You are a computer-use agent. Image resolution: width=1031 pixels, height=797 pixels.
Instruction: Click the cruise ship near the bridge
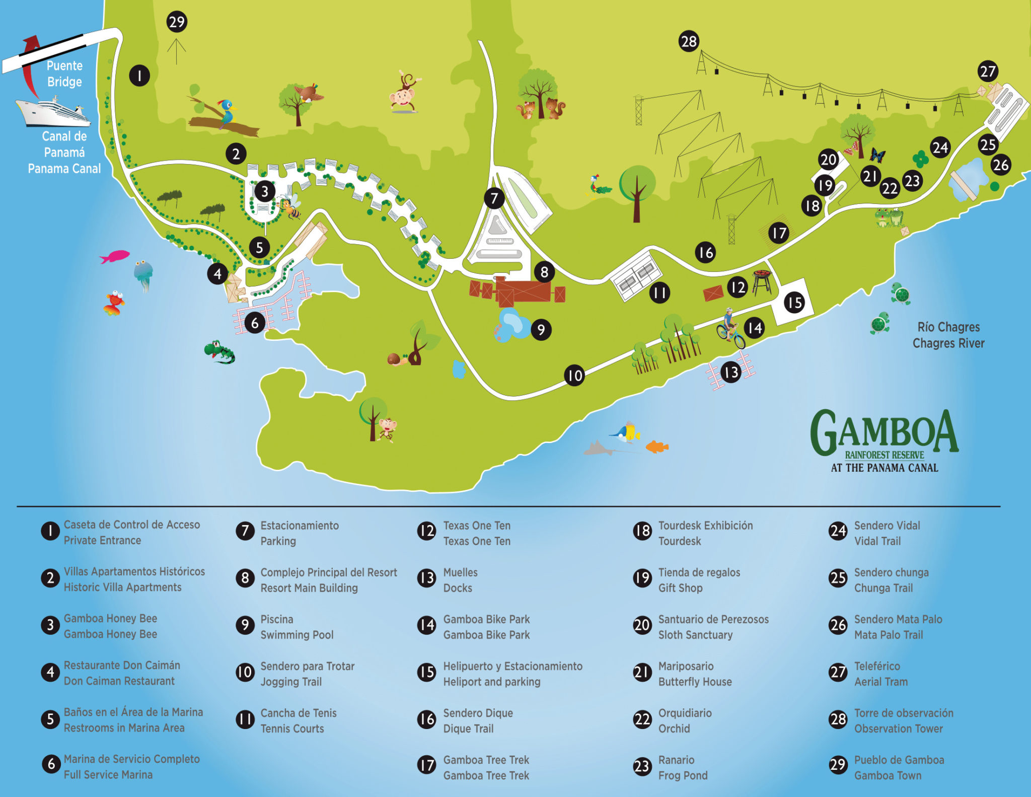pyautogui.click(x=53, y=112)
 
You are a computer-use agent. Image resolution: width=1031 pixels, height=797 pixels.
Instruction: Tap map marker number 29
pyautogui.click(x=177, y=22)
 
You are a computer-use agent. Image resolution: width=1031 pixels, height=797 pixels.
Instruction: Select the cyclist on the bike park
pyautogui.click(x=730, y=330)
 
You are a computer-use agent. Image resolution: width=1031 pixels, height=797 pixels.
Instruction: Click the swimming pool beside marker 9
pyautogui.click(x=513, y=325)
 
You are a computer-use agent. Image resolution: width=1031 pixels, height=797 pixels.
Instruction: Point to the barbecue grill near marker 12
pyautogui.click(x=762, y=281)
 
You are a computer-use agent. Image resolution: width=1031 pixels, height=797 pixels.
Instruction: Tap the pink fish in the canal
pyautogui.click(x=115, y=256)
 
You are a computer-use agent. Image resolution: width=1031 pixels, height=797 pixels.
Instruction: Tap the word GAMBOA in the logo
pyautogui.click(x=885, y=432)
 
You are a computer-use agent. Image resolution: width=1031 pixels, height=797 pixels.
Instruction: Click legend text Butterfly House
pyautogui.click(x=695, y=682)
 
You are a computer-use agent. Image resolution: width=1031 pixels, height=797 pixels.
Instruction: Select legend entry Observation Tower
pyautogui.click(x=898, y=729)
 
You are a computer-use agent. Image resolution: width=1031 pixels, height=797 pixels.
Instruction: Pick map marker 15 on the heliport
pyautogui.click(x=794, y=303)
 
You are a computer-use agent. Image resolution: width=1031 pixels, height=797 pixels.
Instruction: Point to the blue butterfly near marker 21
pyautogui.click(x=877, y=155)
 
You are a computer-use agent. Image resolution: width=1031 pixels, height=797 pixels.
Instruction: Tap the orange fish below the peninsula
pyautogui.click(x=656, y=446)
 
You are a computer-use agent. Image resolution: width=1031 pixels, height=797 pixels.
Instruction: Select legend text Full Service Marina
pyautogui.click(x=108, y=774)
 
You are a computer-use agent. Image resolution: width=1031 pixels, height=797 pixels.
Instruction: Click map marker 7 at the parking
pyautogui.click(x=494, y=198)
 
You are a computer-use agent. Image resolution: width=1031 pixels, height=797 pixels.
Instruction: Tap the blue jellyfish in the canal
pyautogui.click(x=143, y=274)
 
